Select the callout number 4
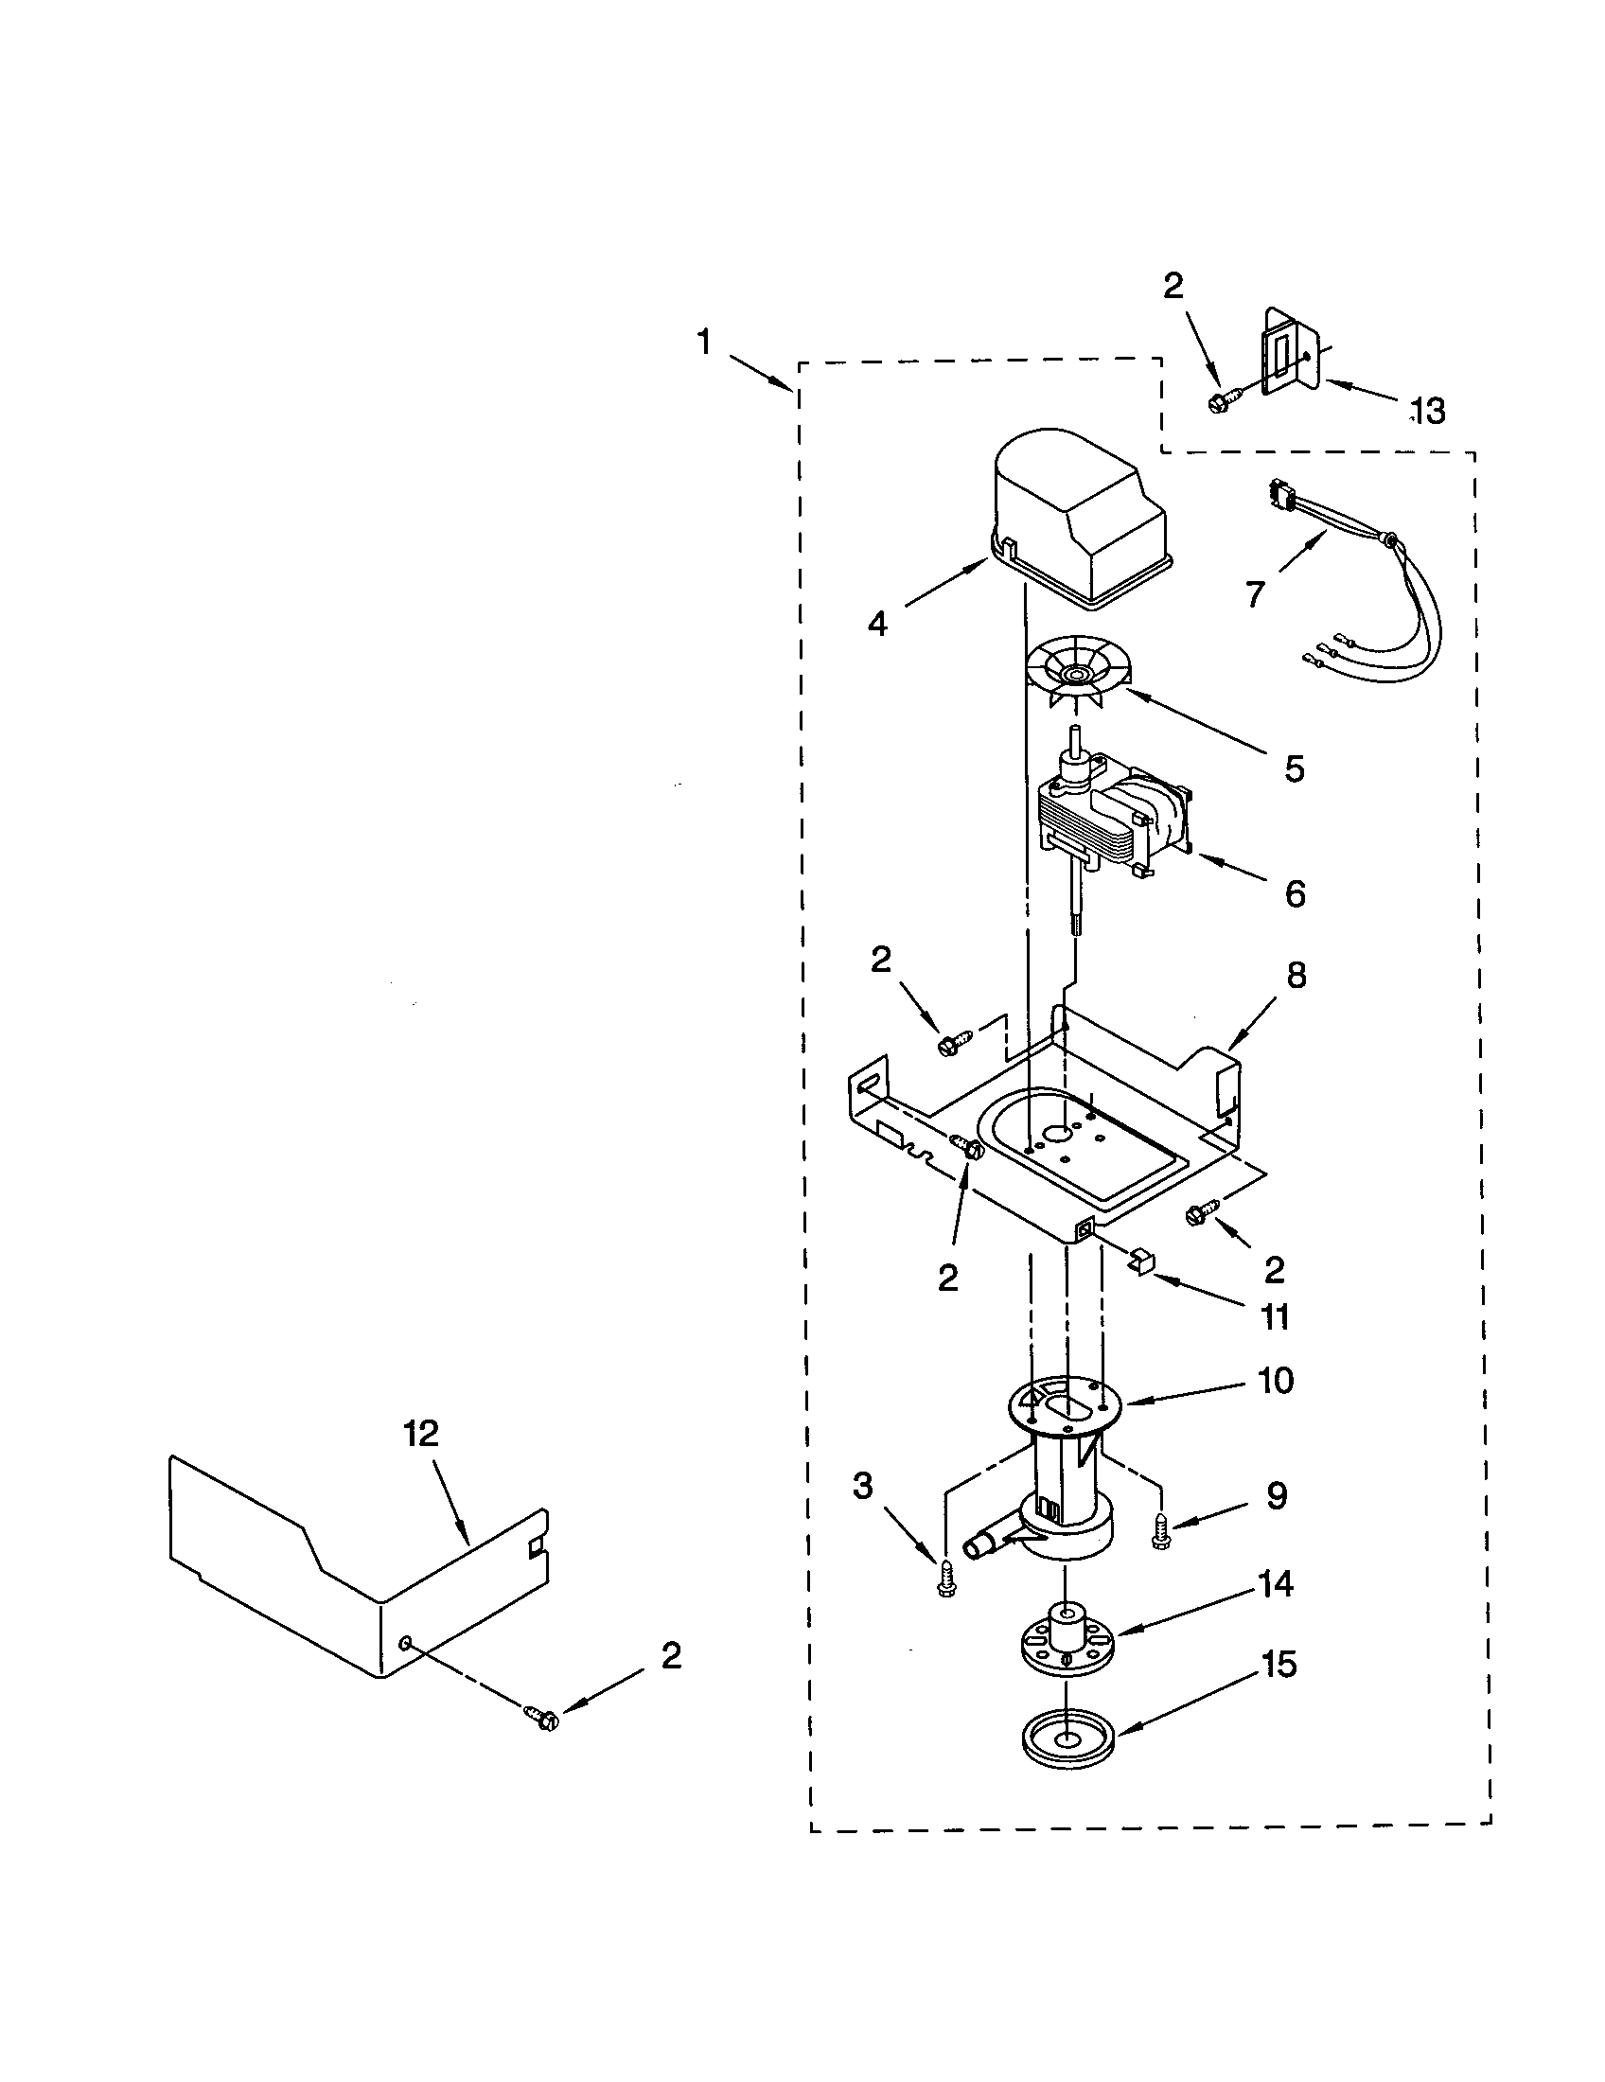[877, 625]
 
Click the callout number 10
[1276, 1381]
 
